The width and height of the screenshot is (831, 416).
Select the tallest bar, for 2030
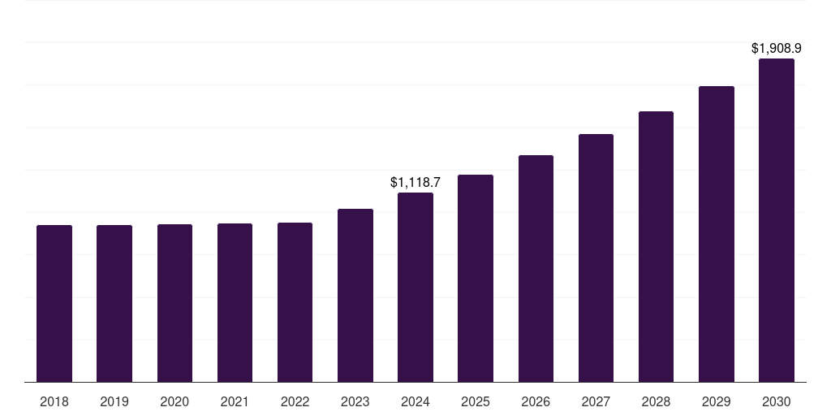point(777,220)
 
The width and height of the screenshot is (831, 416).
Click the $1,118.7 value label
point(415,182)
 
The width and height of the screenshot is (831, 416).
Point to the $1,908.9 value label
point(777,49)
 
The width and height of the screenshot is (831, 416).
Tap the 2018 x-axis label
point(54,402)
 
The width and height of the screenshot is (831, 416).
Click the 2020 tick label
point(174,402)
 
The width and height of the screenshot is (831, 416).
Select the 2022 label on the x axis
point(295,402)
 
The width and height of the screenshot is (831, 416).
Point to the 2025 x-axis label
point(476,402)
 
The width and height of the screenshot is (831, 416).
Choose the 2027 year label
point(596,402)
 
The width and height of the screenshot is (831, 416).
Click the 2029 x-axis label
point(717,402)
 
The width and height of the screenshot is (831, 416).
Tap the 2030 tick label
point(777,402)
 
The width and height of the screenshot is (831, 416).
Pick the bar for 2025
point(476,278)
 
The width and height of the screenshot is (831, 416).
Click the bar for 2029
point(717,234)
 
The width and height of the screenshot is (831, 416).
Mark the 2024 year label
point(415,402)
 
